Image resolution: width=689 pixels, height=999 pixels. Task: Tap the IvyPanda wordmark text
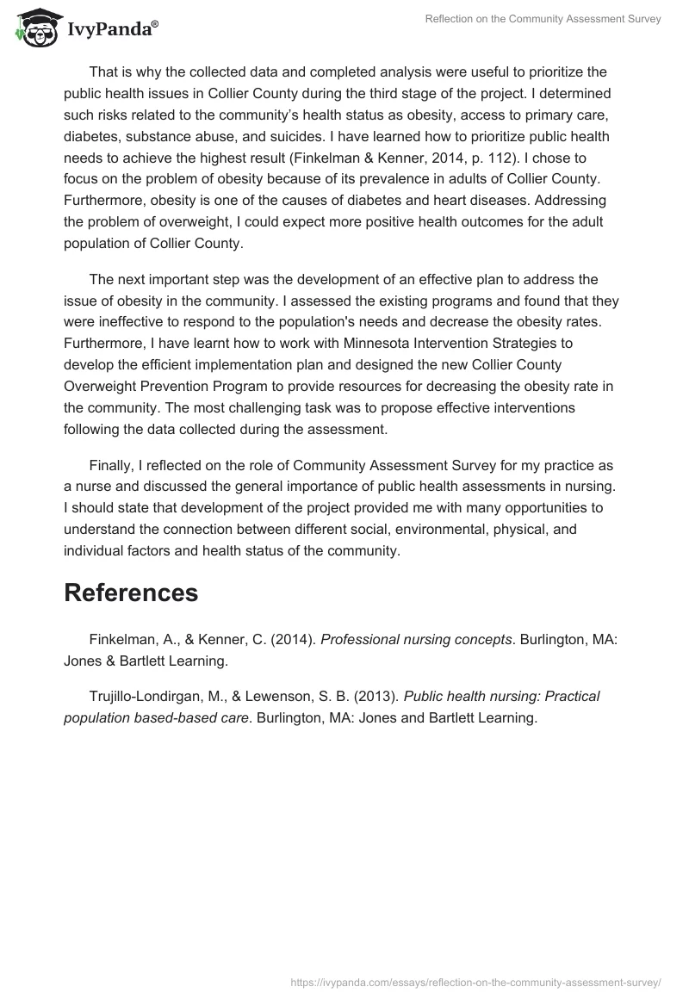click(x=110, y=29)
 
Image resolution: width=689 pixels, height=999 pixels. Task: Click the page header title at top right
click(x=543, y=19)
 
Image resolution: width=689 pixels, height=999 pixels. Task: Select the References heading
click(x=131, y=593)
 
